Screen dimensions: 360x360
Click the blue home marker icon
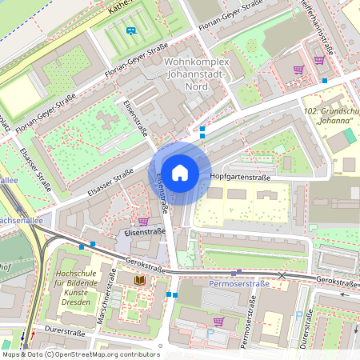point(180,172)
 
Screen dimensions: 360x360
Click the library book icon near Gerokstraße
point(141,279)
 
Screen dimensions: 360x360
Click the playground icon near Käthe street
point(131,30)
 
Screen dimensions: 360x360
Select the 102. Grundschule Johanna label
point(330,117)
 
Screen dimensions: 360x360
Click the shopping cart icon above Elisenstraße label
point(143,221)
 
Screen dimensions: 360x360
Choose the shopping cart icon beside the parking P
point(218,321)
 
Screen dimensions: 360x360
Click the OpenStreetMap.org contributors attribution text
point(108,354)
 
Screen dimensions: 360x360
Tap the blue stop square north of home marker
point(202,128)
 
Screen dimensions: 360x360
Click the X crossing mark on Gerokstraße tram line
point(282,275)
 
